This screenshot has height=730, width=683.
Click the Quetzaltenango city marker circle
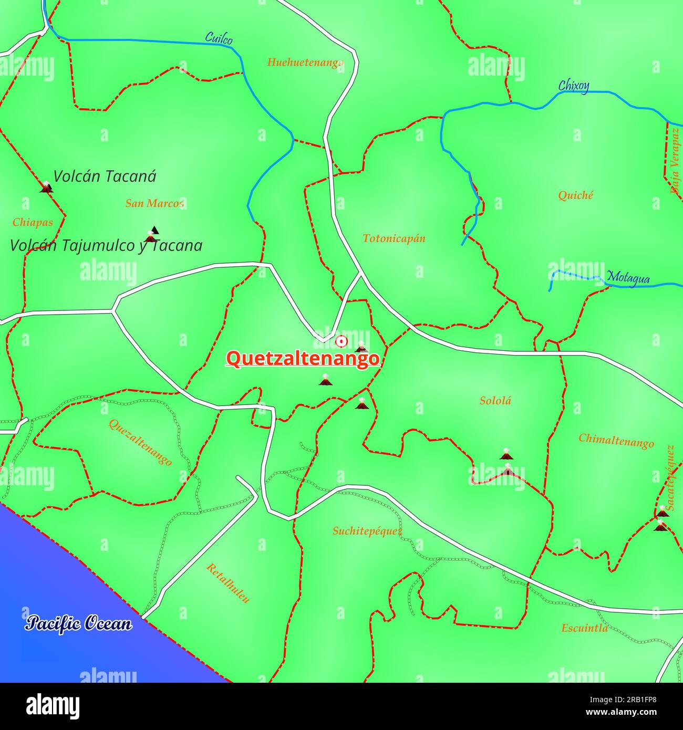click(x=341, y=342)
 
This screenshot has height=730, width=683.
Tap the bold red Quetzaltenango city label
click(x=302, y=359)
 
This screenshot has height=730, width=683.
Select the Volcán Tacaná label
click(x=105, y=176)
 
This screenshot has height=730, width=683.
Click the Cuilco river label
click(x=219, y=38)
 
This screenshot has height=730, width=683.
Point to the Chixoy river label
click(x=573, y=86)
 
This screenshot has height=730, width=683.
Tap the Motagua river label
click(x=628, y=278)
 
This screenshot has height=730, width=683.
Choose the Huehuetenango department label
click(x=305, y=62)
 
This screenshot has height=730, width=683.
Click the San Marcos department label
click(x=154, y=203)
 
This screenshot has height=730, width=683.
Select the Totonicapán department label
click(x=394, y=238)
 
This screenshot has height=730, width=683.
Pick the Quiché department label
click(x=575, y=195)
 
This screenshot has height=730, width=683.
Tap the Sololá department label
click(x=495, y=401)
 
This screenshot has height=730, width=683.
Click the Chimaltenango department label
click(x=616, y=440)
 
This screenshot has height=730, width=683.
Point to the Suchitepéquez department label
click(x=367, y=531)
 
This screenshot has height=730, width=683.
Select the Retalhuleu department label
click(x=227, y=583)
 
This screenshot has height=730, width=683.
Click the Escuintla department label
click(x=584, y=628)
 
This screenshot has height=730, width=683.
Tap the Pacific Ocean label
click(x=79, y=623)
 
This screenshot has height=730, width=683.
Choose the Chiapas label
click(x=33, y=222)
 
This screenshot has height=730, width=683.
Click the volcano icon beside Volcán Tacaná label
click(x=46, y=187)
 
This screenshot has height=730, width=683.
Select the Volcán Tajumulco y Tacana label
click(x=106, y=246)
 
